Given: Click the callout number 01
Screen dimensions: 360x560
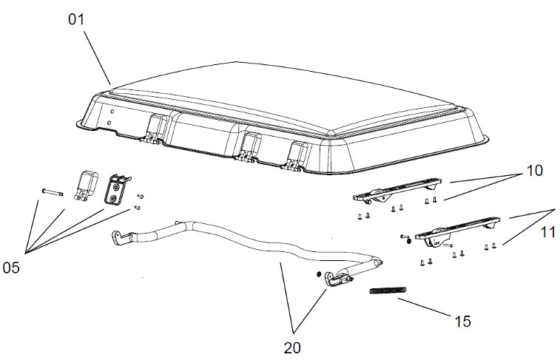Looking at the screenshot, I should point(78,20).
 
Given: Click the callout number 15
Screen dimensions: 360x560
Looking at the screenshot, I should point(462,321).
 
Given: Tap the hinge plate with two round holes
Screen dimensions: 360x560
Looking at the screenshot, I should point(117,190).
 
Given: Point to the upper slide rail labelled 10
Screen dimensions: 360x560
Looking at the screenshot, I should point(399,191).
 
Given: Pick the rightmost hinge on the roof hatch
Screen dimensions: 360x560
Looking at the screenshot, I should point(298,155).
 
